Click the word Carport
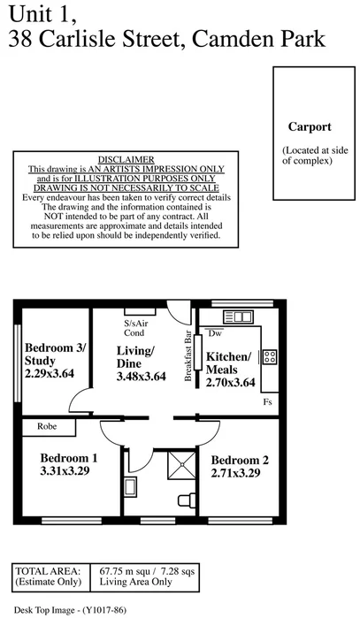point(309,126)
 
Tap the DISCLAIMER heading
point(126,158)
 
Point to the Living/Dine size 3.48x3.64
point(142,377)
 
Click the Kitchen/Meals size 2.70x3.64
point(230,383)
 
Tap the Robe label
point(48,426)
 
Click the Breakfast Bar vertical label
point(188,356)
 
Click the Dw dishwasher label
point(216,332)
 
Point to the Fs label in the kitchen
point(267,402)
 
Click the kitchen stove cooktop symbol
point(270,357)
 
